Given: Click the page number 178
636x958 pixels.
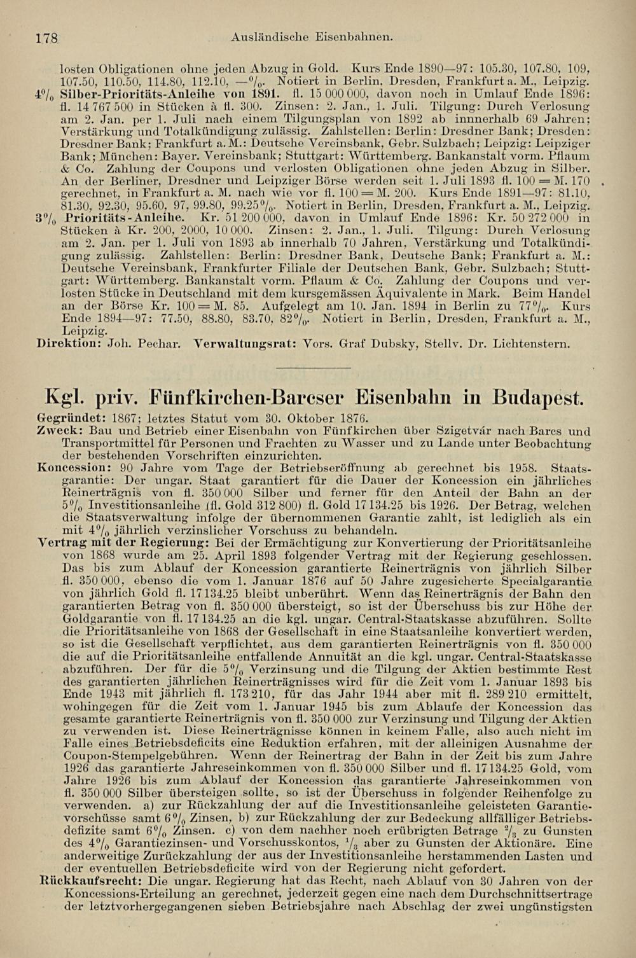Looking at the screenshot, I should point(47,38).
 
